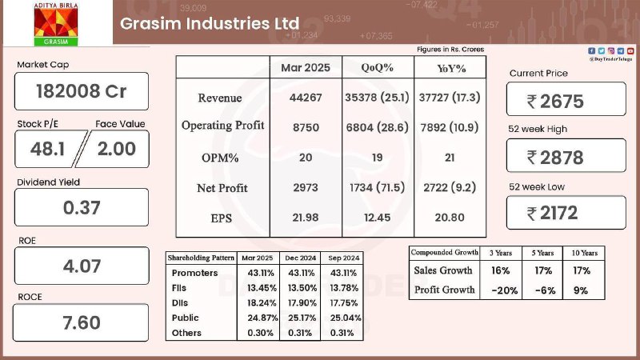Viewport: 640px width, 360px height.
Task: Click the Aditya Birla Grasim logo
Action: pos(55,24)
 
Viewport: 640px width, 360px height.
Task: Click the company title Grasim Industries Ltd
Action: pos(210,23)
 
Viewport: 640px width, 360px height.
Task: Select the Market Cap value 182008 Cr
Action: pos(82,91)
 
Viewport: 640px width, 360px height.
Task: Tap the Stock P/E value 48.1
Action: pos(47,149)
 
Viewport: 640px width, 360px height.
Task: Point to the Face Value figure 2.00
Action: pos(116,149)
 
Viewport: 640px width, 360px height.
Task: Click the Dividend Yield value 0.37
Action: pos(82,208)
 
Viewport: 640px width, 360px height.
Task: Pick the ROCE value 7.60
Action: pos(82,323)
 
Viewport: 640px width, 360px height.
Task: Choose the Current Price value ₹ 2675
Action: pos(555,102)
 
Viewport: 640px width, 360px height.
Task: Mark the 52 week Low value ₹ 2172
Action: pos(552,213)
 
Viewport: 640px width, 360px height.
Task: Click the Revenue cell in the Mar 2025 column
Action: pos(306,98)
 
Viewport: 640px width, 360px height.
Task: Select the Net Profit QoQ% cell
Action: pos(377,187)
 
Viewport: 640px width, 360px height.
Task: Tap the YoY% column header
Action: pos(451,68)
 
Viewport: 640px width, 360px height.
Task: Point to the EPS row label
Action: pos(222,218)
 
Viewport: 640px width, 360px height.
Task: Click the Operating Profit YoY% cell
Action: pos(450,127)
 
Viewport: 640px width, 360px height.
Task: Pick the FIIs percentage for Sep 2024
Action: pos(344,288)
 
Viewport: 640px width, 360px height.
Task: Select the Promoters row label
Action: pos(194,273)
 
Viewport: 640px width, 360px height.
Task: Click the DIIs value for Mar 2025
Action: pos(262,303)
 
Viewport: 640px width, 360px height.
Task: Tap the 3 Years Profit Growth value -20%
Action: pos(505,290)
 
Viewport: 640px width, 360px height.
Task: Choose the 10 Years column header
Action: pos(585,253)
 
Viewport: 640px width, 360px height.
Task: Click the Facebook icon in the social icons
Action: pos(591,50)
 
